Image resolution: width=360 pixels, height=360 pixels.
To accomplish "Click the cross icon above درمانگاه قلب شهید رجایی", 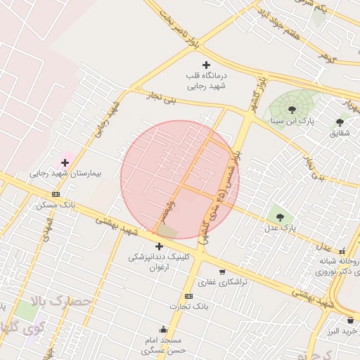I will click(206, 65).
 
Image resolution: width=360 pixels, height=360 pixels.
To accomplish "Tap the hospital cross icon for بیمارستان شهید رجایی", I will click(65, 162).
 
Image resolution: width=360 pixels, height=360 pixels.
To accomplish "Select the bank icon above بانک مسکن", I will click(56, 195).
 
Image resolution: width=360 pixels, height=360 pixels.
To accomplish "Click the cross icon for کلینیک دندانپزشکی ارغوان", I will click(159, 246).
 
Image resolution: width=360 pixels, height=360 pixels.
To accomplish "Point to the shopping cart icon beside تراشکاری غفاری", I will click(222, 272).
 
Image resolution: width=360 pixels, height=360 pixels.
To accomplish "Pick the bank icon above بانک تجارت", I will click(188, 297).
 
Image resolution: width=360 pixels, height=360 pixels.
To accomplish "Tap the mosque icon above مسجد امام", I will click(164, 329).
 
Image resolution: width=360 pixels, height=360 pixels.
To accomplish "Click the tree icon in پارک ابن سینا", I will click(292, 109).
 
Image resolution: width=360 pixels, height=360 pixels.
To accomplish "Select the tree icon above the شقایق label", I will click(340, 122).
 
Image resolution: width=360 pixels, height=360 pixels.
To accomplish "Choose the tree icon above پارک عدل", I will click(281, 217).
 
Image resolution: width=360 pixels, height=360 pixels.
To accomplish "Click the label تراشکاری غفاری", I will click(217, 283).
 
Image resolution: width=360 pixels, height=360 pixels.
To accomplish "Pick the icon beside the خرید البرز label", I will click(350, 321).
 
